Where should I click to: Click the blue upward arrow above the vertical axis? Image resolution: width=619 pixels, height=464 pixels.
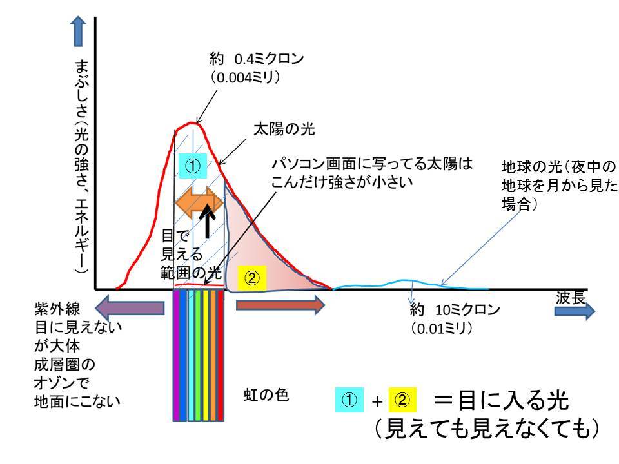[78, 31]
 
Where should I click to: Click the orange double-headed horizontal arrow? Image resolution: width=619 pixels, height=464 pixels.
[199, 203]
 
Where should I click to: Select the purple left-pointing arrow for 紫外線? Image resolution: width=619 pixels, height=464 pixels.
[130, 308]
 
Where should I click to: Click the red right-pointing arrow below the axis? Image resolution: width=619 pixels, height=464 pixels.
[280, 305]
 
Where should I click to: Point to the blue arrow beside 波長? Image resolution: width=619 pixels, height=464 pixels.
[575, 311]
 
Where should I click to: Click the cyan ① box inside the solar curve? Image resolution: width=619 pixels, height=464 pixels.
[193, 166]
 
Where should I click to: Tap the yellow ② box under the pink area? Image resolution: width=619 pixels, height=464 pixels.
[252, 278]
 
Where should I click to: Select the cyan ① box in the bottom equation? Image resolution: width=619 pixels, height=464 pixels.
[349, 400]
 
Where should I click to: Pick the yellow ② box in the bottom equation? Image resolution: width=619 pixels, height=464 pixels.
[402, 400]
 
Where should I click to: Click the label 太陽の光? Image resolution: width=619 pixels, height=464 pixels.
[284, 129]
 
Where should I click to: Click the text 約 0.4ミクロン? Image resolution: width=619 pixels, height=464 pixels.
[257, 59]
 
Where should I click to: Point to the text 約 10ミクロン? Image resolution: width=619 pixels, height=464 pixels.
[455, 310]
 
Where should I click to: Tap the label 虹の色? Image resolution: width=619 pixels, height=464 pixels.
[266, 394]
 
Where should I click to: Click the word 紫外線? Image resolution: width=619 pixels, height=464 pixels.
[57, 309]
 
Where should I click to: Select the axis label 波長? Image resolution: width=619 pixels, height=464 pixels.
[571, 297]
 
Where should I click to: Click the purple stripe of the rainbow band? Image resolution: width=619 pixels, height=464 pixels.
[177, 356]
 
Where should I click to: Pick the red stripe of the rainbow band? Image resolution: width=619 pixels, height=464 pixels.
[221, 356]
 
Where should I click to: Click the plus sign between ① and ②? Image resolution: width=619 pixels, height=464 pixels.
[377, 401]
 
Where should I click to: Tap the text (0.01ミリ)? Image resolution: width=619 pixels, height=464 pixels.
[442, 328]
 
